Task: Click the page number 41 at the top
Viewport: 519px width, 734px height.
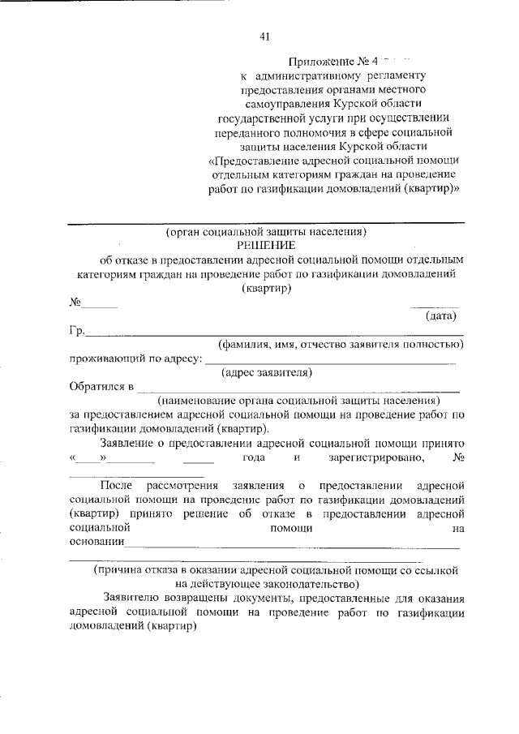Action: [264, 36]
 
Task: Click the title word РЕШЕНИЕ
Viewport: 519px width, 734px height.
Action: [266, 245]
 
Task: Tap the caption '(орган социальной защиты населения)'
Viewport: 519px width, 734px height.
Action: [266, 231]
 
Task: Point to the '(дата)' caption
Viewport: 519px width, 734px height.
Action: [442, 316]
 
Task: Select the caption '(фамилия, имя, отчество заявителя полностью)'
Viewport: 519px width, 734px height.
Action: [334, 345]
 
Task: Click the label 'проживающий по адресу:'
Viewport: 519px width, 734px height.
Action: [135, 359]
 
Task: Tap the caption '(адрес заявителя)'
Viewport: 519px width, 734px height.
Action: [267, 373]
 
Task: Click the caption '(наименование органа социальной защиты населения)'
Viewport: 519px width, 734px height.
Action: [298, 401]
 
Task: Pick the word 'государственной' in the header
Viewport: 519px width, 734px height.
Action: [259, 117]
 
